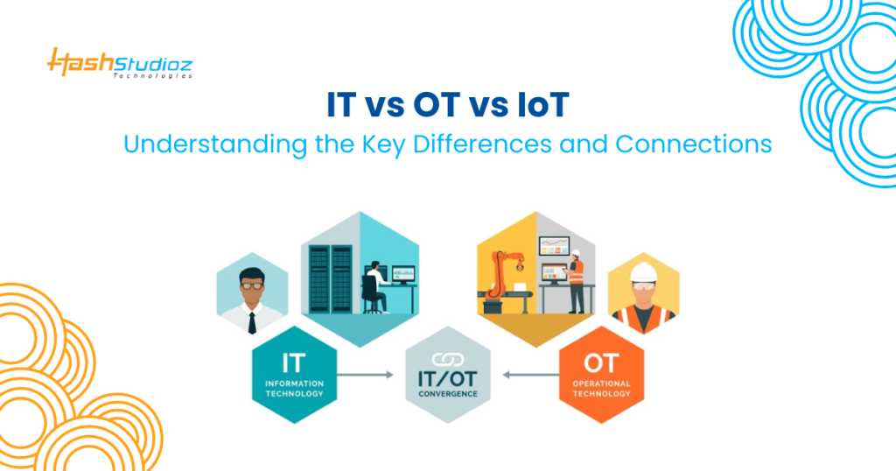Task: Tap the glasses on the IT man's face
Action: pos(252,285)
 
